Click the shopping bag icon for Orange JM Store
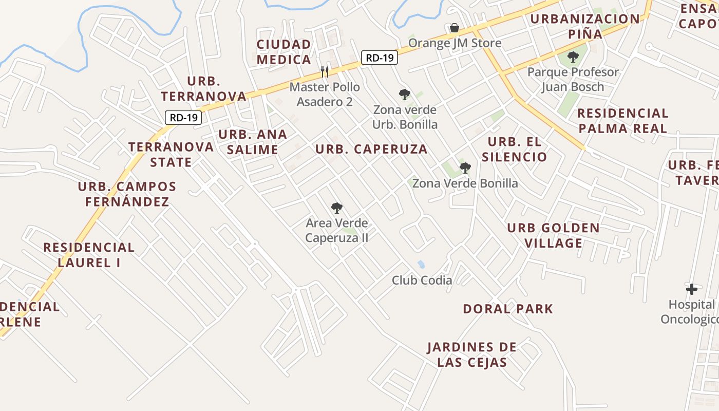[454, 28]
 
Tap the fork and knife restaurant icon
[324, 71]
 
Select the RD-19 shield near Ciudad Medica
[380, 58]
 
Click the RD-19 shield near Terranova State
[183, 118]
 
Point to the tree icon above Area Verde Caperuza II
[337, 208]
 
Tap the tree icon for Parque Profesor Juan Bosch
[573, 57]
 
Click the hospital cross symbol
[692, 289]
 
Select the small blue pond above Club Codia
[421, 265]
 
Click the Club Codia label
[422, 280]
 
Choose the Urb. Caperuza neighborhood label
[371, 149]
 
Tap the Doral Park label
[508, 309]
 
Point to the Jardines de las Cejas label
[472, 354]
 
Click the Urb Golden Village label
[553, 235]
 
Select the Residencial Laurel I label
[89, 255]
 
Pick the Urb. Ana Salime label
[253, 142]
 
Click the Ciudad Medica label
[284, 52]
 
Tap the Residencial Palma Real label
[622, 121]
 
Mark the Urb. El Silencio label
[517, 149]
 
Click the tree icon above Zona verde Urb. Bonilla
[405, 95]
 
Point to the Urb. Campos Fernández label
[127, 194]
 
